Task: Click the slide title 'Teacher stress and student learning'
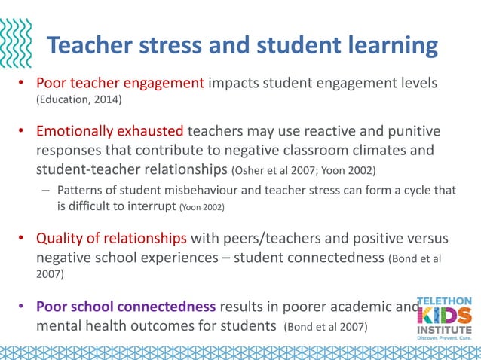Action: tap(242, 46)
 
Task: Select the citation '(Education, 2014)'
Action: tap(78, 99)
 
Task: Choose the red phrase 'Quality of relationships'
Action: tap(112, 239)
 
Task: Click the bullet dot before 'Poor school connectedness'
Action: tap(23, 307)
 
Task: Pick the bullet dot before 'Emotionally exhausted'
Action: tap(23, 133)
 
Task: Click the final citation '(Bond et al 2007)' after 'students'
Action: tap(326, 327)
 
